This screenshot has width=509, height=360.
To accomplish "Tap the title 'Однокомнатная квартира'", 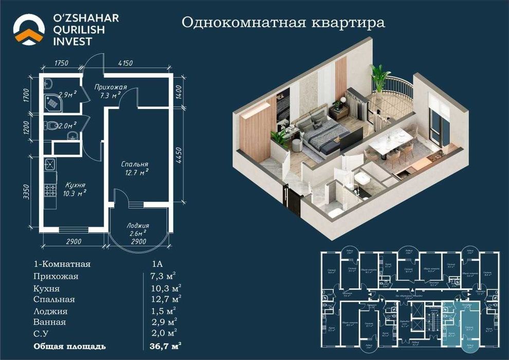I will [x=284, y=23].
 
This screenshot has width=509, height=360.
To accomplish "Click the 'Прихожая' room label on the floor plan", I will [x=110, y=87].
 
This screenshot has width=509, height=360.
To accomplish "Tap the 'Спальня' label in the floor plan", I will [x=135, y=164].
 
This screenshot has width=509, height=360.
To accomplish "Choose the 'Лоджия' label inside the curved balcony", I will [x=138, y=225].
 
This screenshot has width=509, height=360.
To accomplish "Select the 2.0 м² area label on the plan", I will [x=67, y=125].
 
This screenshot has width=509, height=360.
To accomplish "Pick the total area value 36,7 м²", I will [x=165, y=345].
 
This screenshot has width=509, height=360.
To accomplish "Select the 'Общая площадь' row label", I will [x=70, y=345].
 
